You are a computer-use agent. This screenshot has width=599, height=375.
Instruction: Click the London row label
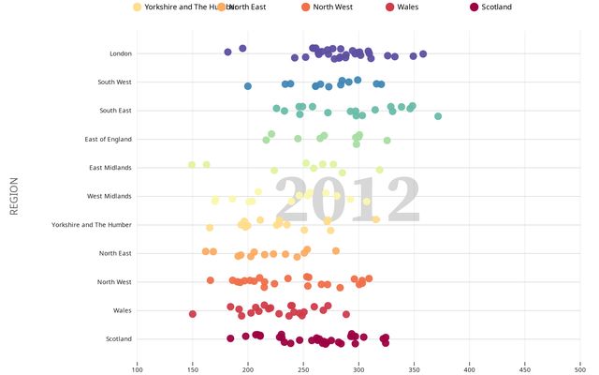point(121,53)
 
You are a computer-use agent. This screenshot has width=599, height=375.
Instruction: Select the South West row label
point(114,82)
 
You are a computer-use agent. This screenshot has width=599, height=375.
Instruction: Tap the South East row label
point(115,111)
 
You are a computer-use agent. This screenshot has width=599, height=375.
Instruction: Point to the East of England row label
point(108,140)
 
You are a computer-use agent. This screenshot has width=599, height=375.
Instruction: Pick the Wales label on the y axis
point(122,310)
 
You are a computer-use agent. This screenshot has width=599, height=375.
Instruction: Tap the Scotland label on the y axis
point(119,338)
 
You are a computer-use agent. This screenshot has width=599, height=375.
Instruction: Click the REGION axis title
point(14,196)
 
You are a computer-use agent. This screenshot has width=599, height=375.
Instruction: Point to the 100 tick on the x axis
point(138,367)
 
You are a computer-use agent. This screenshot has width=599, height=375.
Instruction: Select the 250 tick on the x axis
point(303,367)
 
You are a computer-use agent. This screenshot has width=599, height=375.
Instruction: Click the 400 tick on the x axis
point(470,367)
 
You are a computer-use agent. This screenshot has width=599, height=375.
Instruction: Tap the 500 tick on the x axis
point(580,367)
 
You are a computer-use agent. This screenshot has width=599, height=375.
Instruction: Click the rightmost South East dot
point(438,116)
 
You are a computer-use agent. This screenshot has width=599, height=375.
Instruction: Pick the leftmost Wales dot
point(193,314)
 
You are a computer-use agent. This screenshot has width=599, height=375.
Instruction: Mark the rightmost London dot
point(423,54)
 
